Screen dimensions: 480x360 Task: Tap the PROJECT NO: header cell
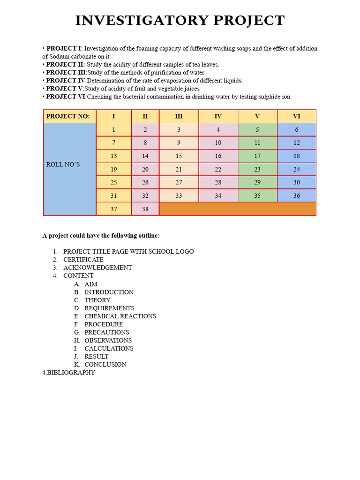69,116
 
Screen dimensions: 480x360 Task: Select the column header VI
296,116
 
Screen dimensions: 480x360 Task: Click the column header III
179,116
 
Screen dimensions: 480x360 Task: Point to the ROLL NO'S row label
63,165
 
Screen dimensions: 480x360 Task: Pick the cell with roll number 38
145,209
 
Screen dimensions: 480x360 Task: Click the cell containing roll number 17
257,156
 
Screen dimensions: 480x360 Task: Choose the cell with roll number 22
218,169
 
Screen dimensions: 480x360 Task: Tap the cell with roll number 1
113,130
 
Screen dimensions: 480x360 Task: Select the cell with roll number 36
296,196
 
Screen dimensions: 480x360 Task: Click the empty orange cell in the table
237,209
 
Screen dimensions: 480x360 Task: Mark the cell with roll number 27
179,182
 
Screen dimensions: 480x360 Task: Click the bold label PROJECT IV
66,81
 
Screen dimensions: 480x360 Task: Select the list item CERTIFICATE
83,260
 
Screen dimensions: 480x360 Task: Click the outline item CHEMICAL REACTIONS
120,316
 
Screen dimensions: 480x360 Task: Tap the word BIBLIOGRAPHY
71,373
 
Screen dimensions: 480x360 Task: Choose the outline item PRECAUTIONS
106,332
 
